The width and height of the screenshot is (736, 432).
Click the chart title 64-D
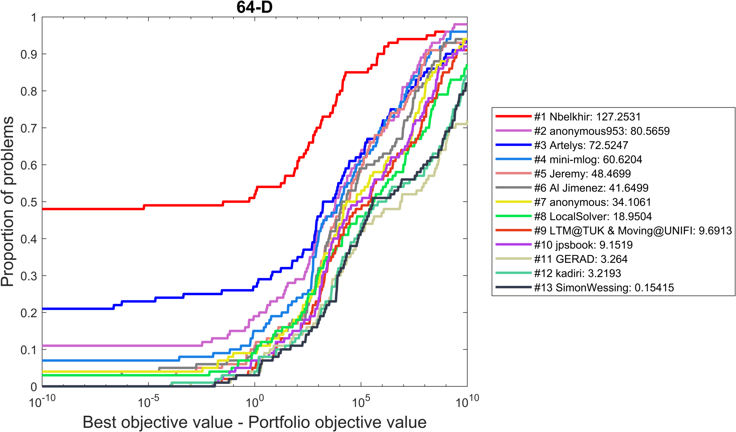point(255,7)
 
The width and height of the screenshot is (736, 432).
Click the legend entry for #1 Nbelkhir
point(587,117)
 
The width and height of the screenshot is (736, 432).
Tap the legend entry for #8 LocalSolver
point(593,216)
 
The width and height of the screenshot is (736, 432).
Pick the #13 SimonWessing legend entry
point(604,288)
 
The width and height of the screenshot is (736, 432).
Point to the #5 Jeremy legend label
point(582,174)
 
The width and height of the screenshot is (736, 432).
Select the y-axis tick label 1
point(34,17)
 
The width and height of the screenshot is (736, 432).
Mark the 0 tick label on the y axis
point(34,387)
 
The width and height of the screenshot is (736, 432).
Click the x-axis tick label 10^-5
point(148,402)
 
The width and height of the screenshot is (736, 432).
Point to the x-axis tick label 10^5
point(361,402)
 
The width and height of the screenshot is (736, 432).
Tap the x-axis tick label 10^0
point(255,402)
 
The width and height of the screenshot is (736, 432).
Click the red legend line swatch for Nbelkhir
point(513,116)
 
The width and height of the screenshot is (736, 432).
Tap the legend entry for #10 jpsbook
point(583,245)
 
